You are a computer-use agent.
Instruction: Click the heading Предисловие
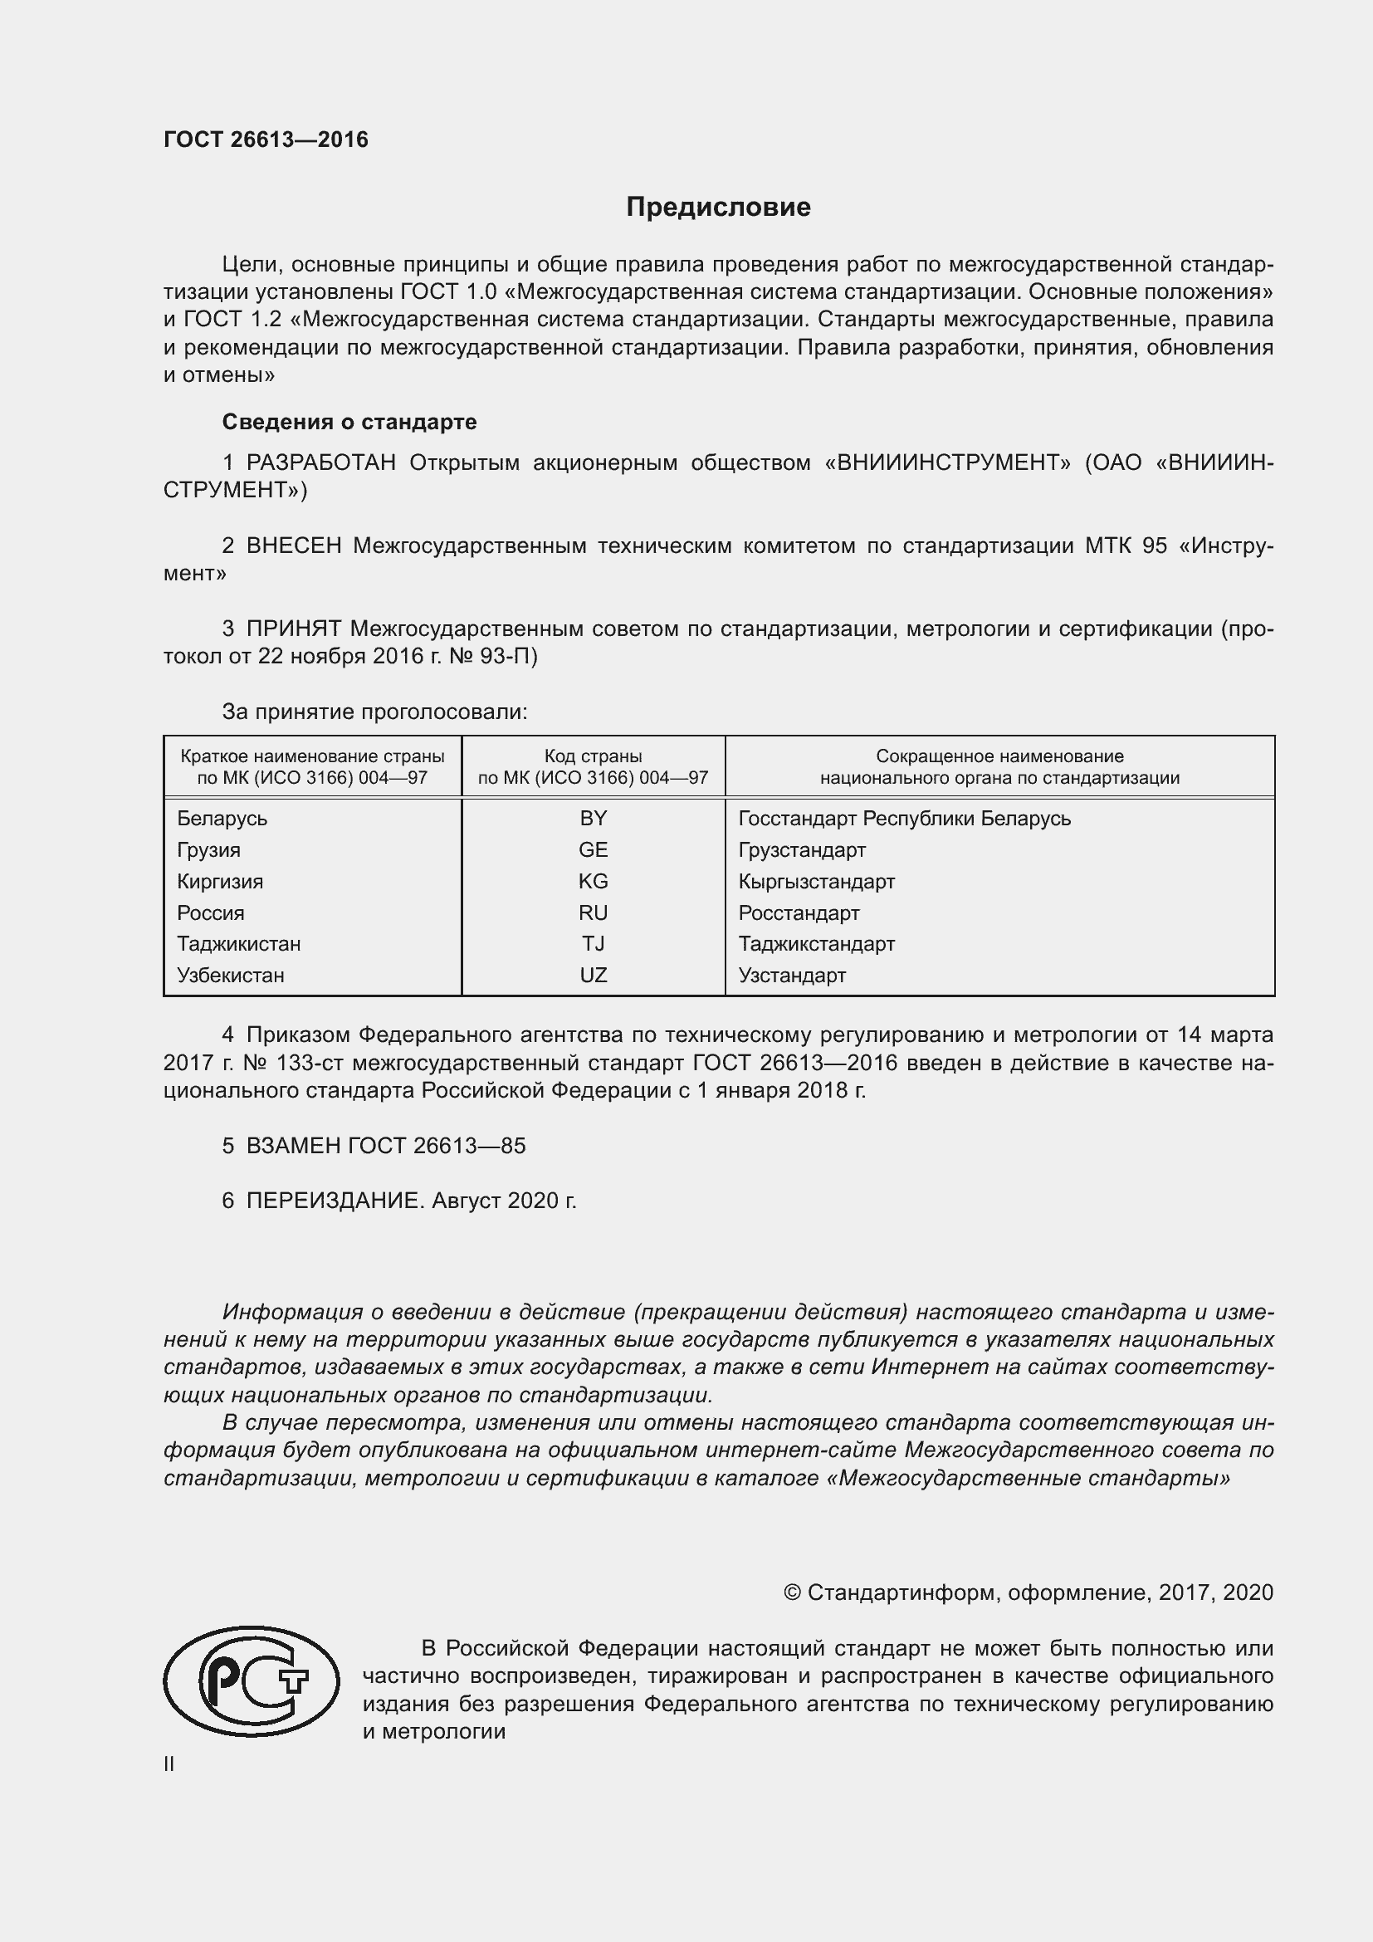718,208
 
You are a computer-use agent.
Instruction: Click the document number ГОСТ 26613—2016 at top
266,139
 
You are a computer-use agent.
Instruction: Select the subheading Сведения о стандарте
349,421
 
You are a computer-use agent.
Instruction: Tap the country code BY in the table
593,818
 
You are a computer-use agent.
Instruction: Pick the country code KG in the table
593,882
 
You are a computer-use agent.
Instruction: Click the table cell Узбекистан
230,976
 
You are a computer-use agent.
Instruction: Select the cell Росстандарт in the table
798,912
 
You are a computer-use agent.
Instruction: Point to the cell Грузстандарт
802,849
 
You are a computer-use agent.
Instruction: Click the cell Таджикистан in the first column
238,944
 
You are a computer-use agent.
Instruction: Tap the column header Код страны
593,756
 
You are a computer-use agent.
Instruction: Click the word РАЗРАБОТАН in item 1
320,462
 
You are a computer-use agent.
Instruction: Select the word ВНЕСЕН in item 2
293,545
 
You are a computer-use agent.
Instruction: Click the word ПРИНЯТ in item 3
293,629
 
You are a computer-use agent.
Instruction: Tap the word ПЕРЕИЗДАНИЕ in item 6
333,1201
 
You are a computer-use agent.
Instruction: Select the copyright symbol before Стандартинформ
791,1592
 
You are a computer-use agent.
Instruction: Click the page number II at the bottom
169,1764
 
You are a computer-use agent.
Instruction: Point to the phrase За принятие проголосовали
374,712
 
